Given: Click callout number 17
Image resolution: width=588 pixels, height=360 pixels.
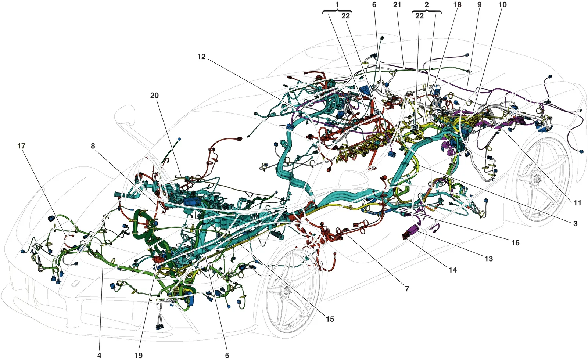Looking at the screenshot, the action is coord(21,146).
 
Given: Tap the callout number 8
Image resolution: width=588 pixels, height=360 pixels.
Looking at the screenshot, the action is coord(93,146).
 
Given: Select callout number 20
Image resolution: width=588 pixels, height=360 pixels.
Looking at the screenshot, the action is coord(154,95).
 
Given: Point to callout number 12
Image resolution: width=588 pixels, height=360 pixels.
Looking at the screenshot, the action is coord(202,57).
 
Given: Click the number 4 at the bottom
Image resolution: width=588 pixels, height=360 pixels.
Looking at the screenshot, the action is coord(99,355).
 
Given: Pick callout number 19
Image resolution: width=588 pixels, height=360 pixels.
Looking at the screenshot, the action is coord(139,355).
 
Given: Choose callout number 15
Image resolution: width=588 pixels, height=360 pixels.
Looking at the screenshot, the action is coord(330,319).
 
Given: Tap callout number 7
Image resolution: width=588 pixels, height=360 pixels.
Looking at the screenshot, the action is coord(407,289).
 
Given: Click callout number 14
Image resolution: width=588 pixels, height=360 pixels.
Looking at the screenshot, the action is coord(453,270).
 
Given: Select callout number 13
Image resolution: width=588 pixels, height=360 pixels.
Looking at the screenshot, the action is coord(488,259).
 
